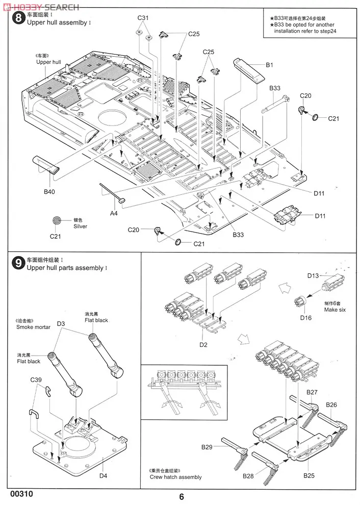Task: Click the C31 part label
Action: click(143, 18)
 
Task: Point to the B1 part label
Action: click(270, 65)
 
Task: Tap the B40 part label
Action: click(49, 192)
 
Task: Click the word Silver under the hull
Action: click(81, 226)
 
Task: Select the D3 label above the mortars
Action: click(61, 323)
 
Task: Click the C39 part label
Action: click(36, 380)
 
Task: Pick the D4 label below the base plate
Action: click(103, 476)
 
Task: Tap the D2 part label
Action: click(203, 345)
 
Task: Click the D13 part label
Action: click(313, 275)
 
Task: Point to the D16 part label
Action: click(305, 317)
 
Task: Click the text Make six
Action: click(335, 310)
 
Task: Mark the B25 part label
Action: click(309, 475)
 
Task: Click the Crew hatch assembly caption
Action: click(175, 477)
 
